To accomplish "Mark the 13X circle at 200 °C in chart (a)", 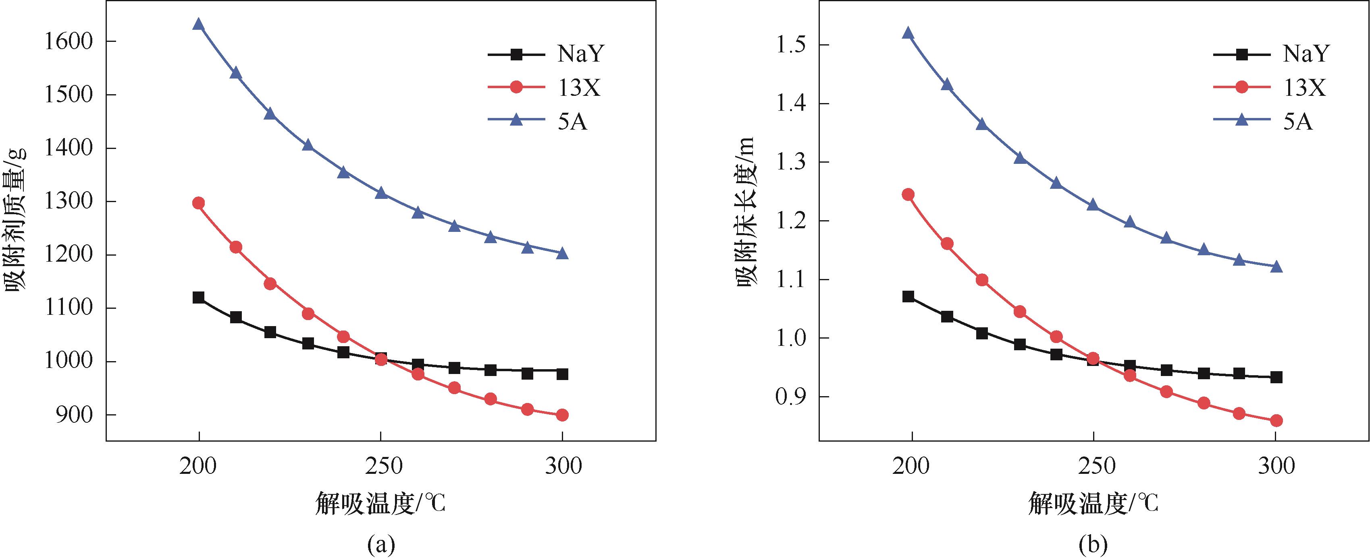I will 199,203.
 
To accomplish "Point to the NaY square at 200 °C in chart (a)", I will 199,298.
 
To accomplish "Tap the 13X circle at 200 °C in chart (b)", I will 908,194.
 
